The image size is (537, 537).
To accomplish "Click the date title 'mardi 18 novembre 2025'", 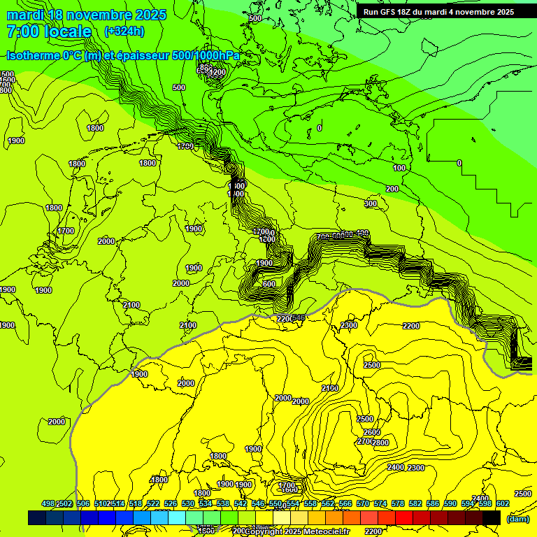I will [x=86, y=15].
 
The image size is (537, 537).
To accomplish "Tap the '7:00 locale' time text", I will [x=49, y=31].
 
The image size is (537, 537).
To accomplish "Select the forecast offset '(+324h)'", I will [x=124, y=31].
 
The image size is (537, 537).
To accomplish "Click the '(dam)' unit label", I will [x=517, y=519].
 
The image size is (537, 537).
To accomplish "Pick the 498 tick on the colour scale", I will [x=48, y=503].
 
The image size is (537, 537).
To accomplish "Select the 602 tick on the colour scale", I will [x=503, y=503].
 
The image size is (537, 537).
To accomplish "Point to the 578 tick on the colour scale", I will [x=398, y=503].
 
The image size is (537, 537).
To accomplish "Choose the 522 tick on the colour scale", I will [x=153, y=503].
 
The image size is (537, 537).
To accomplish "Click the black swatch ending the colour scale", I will [x=492, y=517].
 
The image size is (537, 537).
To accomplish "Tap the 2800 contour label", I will [x=380, y=443].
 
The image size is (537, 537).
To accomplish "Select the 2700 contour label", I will [x=364, y=442].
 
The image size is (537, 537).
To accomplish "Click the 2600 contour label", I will [x=372, y=432].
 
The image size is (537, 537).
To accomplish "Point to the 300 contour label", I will [x=371, y=204].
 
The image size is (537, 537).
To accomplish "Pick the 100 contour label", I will [x=399, y=169].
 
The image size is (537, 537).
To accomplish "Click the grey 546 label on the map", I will [x=298, y=319].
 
